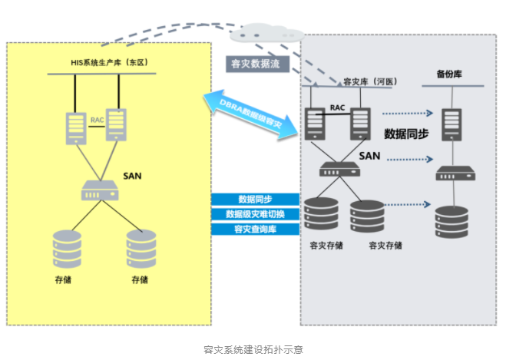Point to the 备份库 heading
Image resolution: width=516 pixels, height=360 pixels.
coord(449,74)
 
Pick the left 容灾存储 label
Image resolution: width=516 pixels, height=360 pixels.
coord(326,246)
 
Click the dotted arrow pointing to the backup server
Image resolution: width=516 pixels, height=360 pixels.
coord(406,114)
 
